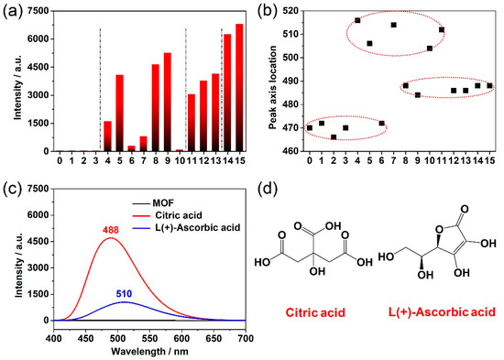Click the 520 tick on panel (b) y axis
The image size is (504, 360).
(x=292, y=11)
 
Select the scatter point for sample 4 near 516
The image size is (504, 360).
(x=357, y=20)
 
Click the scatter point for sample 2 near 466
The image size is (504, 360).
(x=334, y=136)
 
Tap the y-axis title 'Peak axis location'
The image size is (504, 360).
(x=270, y=80)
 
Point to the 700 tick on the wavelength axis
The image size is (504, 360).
(x=244, y=338)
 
